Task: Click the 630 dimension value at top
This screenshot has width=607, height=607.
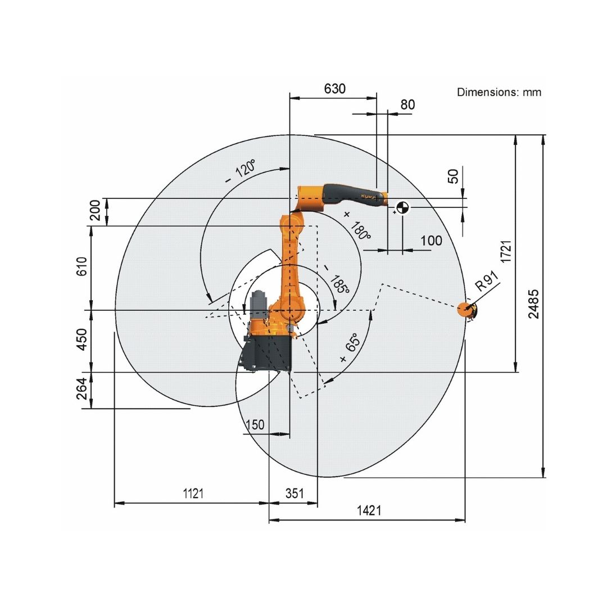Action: pos(335,89)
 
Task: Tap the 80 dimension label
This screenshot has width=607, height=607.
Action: pos(407,105)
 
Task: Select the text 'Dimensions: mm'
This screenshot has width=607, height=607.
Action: pos(499,92)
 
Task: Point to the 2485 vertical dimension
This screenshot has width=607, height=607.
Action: pos(533,304)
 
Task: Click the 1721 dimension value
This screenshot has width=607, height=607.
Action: pos(506,252)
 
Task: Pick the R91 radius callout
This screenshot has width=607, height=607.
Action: pos(486,281)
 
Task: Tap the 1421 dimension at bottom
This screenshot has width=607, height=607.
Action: pos(369,510)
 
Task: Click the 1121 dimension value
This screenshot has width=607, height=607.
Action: pos(193,493)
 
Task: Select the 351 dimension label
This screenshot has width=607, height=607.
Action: pos(295,493)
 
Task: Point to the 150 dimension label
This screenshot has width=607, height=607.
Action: pos(255,425)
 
